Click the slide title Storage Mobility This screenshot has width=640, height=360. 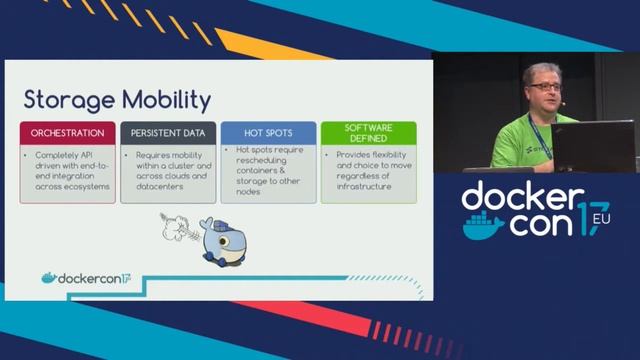(117, 100)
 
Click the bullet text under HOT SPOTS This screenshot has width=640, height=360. (269, 169)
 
